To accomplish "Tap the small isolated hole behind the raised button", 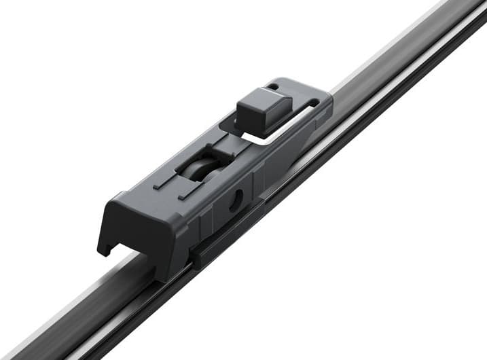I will pyautogui.click(x=272, y=86).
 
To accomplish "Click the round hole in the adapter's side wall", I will pyautogui.click(x=236, y=200).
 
